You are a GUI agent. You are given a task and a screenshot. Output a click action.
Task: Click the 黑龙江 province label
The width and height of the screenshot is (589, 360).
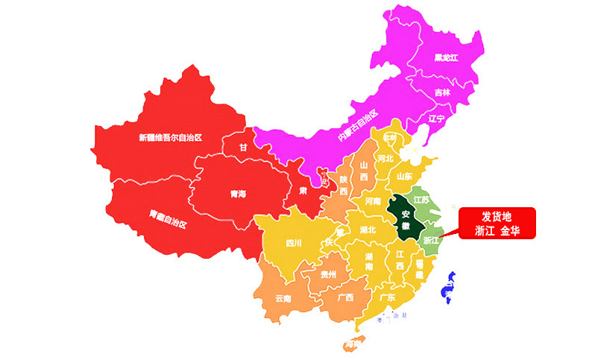445,57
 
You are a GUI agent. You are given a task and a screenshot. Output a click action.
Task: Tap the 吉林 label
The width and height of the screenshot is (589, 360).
442,93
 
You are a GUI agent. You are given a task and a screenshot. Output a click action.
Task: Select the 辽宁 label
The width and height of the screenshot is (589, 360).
436,119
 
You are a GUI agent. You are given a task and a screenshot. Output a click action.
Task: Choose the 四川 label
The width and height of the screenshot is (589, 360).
294,242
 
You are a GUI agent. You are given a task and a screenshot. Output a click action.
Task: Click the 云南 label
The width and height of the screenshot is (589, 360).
283,298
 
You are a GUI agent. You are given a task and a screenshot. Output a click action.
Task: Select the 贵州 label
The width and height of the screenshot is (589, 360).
328,274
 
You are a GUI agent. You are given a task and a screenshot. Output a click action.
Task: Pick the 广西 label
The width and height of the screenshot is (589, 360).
345,297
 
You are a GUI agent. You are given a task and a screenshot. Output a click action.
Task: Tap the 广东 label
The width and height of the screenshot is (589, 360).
387,297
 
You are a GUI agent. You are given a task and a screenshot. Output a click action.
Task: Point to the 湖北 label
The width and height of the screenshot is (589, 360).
368,230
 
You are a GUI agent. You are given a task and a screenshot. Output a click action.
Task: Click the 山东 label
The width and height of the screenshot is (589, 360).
404,177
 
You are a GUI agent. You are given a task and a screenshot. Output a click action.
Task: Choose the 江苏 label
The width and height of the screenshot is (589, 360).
423,200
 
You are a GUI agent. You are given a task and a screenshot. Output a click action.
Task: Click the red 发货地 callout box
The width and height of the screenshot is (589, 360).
497,224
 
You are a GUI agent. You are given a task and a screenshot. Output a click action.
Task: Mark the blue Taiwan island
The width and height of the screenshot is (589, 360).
450,289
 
